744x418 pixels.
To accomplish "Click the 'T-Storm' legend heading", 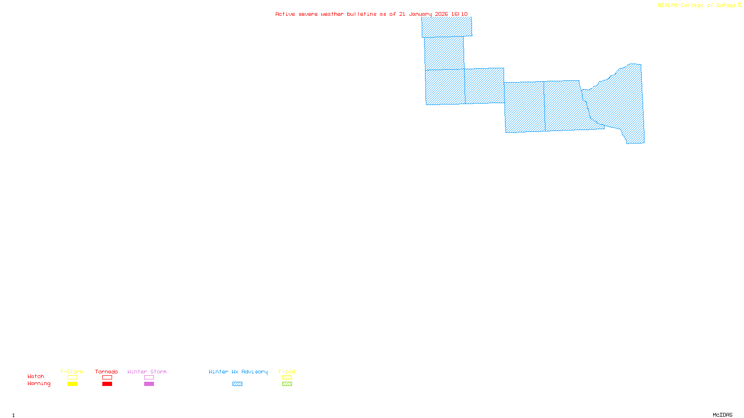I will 72,372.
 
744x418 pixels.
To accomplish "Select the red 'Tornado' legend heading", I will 106,372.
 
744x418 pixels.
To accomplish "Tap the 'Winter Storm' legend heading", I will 147,372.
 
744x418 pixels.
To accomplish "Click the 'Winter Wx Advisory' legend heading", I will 238,372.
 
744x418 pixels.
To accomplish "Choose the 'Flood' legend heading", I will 287,372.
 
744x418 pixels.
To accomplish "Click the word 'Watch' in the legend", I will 36,376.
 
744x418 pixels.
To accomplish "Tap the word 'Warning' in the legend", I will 39,384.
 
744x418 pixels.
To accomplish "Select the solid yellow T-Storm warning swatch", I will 72,384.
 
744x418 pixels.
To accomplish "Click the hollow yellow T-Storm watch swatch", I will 72,378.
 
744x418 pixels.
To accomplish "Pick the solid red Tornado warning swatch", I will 107,384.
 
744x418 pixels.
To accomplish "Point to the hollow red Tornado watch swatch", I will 107,378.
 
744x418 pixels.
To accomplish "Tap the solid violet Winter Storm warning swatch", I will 149,384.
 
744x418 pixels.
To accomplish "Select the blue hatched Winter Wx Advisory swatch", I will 237,384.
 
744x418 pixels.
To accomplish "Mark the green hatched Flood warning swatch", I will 287,384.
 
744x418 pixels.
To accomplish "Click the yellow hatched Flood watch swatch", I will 287,378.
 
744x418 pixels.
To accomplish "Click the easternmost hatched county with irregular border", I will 618,102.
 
